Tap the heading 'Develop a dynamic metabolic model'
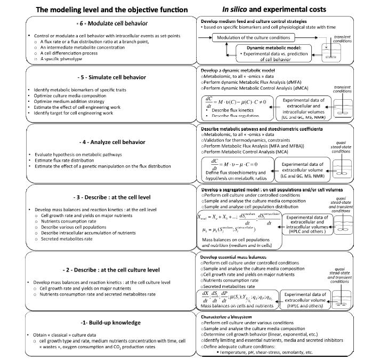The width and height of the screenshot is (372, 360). point(243,70)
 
